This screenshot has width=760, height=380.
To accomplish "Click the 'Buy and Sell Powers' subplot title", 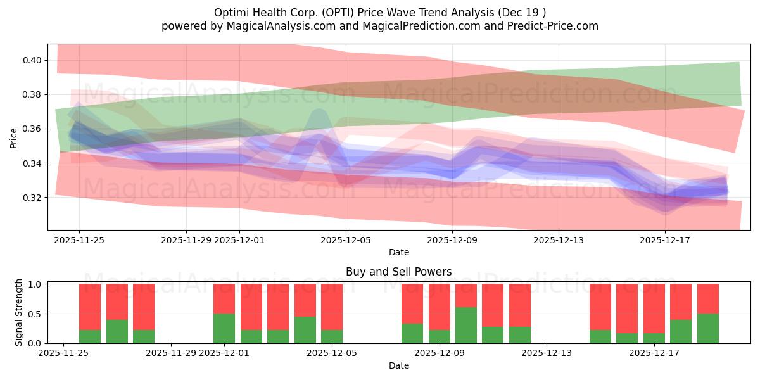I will tap(398, 272).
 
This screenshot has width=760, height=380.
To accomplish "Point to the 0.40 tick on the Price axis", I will tap(32, 61).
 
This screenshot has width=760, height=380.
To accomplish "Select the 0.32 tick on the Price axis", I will tap(32, 198).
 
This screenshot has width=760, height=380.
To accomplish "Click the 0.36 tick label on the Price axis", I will tap(32, 129).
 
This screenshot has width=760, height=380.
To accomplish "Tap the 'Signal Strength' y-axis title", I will tap(19, 312).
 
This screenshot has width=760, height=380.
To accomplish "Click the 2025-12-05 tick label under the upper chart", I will tap(346, 240).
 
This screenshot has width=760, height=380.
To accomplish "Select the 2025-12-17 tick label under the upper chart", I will tap(665, 240).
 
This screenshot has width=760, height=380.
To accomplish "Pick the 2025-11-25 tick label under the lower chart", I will tap(63, 353).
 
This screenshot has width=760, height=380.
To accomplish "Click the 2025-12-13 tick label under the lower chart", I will tap(546, 353).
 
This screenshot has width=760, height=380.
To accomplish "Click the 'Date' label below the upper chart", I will tap(398, 252).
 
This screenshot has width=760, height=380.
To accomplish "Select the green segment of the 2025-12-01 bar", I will tap(224, 329).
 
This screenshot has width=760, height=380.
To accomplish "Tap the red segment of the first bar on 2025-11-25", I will tap(90, 307).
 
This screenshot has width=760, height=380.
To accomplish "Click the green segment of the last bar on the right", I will tap(707, 329).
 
